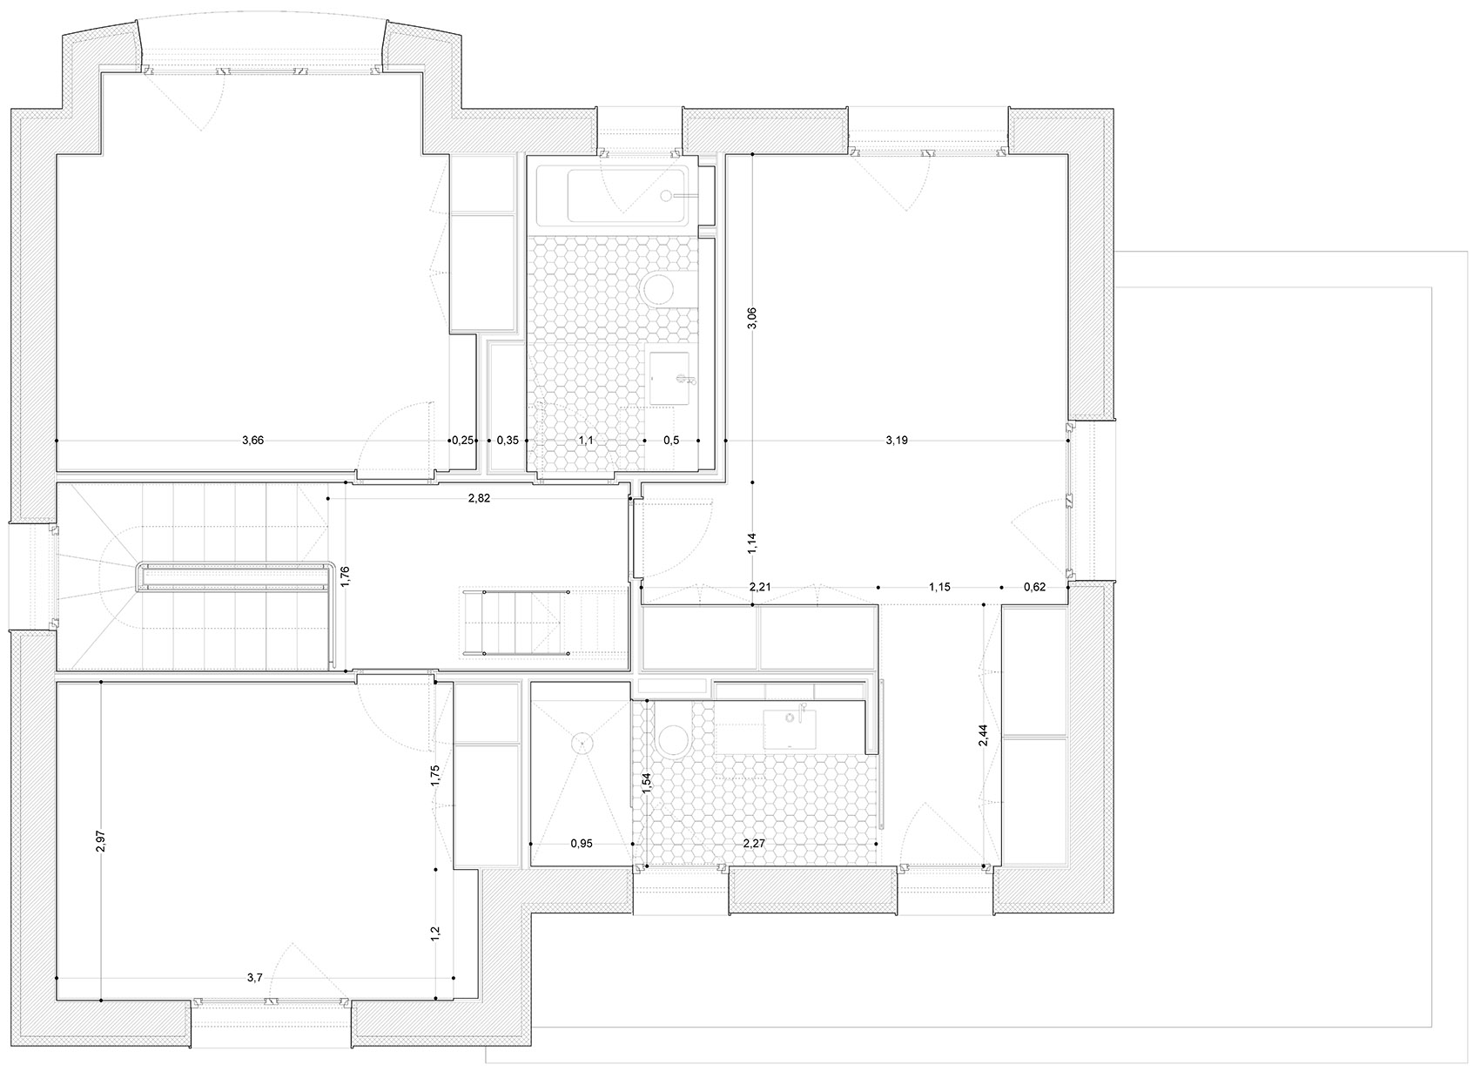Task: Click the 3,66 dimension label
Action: (252, 441)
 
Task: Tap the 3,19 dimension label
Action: (897, 441)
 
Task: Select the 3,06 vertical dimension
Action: (752, 318)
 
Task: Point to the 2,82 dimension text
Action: (479, 498)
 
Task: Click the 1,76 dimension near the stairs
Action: (345, 576)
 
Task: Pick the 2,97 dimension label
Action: (100, 841)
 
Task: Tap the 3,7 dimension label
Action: (254, 978)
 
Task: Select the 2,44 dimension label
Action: (983, 736)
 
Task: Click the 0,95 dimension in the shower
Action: (582, 844)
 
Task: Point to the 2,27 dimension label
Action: (754, 844)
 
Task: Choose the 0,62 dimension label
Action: (1034, 587)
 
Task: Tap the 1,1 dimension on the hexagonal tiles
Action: (586, 441)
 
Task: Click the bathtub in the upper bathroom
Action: (613, 196)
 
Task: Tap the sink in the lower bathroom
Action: (790, 729)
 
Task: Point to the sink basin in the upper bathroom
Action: (669, 377)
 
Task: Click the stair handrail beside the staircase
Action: (232, 576)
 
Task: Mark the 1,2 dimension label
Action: (434, 933)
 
